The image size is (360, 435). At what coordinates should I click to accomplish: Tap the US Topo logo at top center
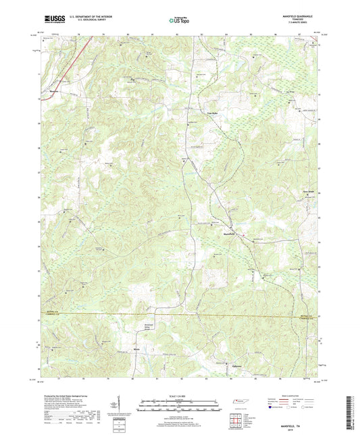[x=179, y=20]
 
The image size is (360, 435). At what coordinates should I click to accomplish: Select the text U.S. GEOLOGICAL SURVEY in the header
[x=86, y=22]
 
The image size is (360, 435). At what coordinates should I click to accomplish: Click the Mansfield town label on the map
[x=229, y=234]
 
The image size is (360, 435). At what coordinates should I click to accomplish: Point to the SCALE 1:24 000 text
[x=180, y=396]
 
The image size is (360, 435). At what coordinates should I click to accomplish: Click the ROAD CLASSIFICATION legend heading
[x=299, y=395]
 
